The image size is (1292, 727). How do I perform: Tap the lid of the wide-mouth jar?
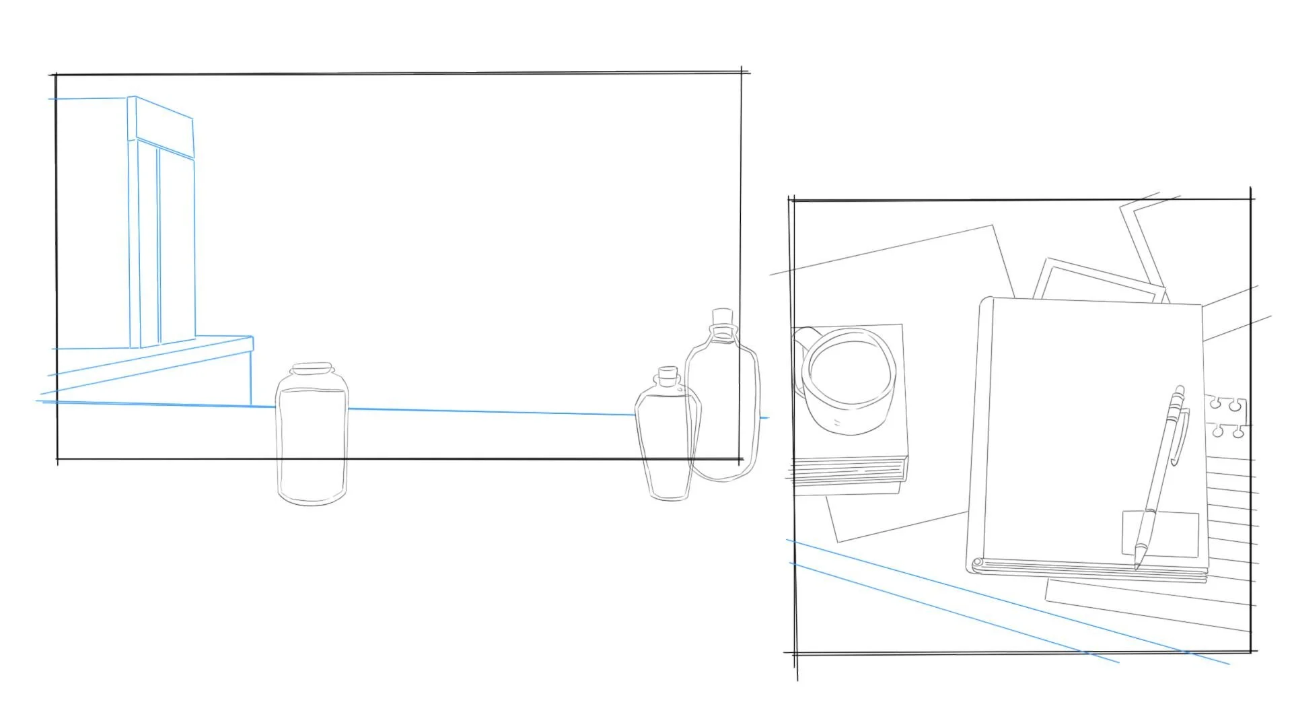pyautogui.click(x=312, y=368)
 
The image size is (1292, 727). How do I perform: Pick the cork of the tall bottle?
pyautogui.click(x=722, y=317)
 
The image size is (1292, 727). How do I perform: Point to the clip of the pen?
pyautogui.click(x=1180, y=438)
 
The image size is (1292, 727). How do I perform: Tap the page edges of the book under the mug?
pyautogui.click(x=848, y=471)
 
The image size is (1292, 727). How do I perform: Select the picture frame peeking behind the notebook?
pyautogui.click(x=1097, y=279)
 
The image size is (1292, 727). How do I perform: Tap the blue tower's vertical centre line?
pyautogui.click(x=159, y=246)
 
